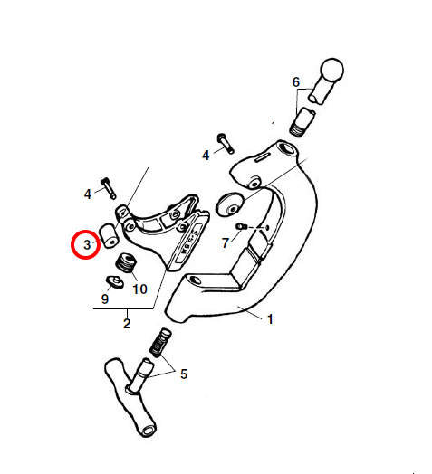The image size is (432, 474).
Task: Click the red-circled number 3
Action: coord(87,244)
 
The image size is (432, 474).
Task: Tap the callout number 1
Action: coord(270,319)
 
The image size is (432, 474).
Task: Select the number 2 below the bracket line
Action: coord(127,324)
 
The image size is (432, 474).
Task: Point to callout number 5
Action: coord(184,374)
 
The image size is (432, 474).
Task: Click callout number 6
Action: coord(296,82)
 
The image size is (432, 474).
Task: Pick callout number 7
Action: coord(225,243)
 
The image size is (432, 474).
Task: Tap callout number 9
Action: coord(105,299)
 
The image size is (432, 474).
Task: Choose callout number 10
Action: coord(139,289)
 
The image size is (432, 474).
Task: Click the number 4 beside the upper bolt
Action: coord(206,156)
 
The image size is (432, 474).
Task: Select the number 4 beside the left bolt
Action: coord(88,194)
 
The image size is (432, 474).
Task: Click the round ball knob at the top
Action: coord(332,70)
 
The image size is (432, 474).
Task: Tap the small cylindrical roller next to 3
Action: coord(109,236)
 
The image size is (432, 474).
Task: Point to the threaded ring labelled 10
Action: coord(126,263)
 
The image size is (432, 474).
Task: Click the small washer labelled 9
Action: coord(115,282)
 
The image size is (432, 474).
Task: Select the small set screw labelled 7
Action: coord(241,226)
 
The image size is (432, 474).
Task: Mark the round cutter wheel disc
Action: coord(230,204)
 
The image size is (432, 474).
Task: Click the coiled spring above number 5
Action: coord(160,343)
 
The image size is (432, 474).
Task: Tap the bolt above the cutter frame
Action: coord(226,143)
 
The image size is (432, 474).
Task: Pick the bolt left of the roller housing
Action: coord(109,188)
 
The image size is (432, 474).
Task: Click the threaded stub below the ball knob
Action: coord(302,122)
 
